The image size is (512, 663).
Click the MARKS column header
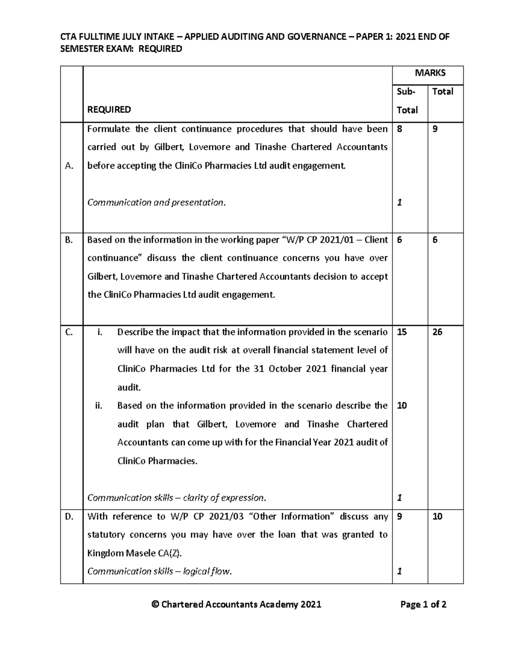click(430, 73)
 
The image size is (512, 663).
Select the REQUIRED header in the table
click(109, 110)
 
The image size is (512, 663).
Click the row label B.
click(69, 240)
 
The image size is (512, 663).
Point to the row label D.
click(69, 517)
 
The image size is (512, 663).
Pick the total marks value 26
click(437, 332)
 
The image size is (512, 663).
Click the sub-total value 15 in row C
click(401, 332)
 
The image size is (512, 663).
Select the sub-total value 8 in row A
click(399, 129)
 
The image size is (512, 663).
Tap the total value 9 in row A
click(435, 129)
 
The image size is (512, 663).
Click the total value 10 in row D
click(437, 517)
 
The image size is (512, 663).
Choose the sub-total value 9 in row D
click(399, 517)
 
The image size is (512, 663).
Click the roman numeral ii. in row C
click(99, 406)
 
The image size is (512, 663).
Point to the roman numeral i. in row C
click(100, 332)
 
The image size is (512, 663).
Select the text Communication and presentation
click(156, 202)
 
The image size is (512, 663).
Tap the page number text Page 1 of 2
click(423, 604)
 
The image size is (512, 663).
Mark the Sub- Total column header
click(407, 101)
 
